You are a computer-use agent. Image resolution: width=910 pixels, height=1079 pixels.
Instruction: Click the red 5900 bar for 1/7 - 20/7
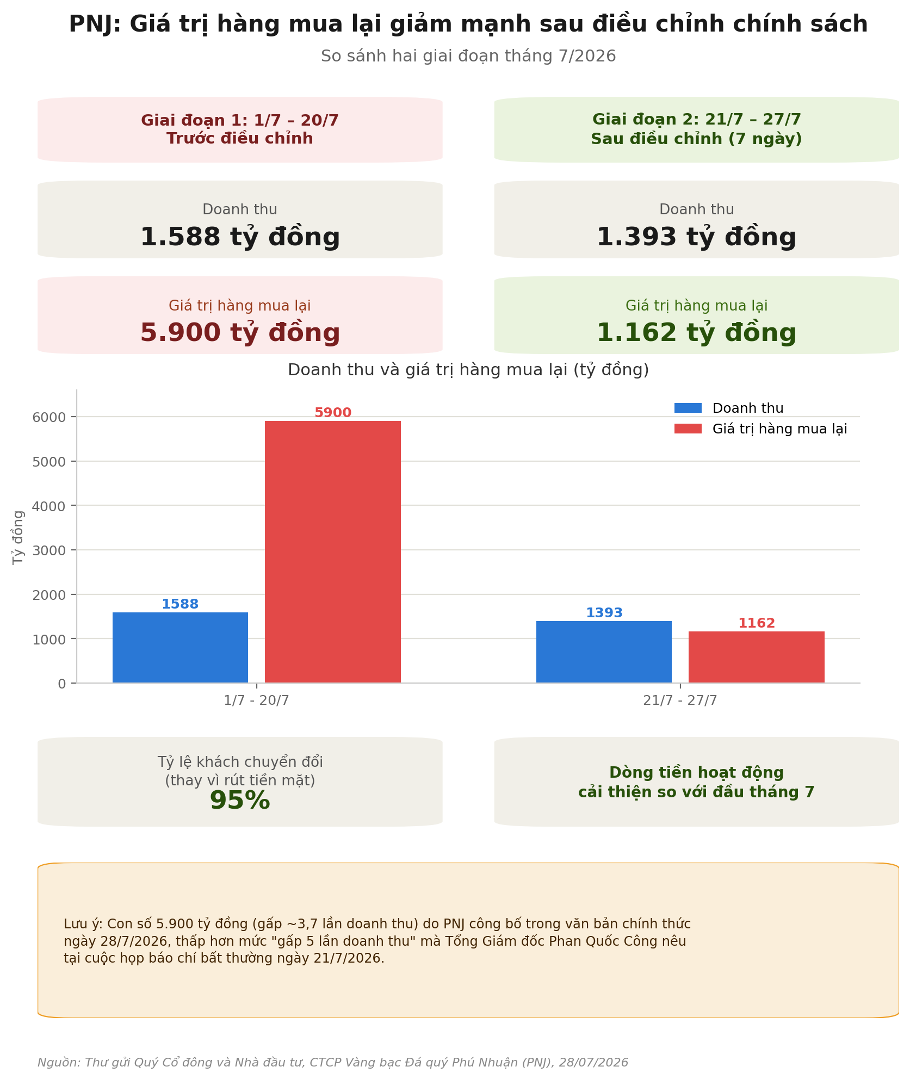[332, 551]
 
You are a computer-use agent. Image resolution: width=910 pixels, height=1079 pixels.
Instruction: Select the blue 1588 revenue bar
[180, 647]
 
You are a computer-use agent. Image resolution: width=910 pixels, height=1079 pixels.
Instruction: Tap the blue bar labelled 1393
[604, 652]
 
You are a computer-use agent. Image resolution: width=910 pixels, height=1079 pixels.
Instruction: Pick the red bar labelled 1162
[756, 657]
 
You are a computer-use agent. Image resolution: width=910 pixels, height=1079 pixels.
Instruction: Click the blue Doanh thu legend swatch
[688, 408]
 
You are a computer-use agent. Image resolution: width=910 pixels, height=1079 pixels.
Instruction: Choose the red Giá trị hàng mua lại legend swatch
[688, 429]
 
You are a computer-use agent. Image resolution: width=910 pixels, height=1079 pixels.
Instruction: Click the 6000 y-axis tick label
[49, 417]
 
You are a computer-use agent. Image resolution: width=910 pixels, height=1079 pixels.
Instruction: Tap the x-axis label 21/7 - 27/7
[680, 700]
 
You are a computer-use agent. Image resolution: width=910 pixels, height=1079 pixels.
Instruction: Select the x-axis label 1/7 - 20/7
[256, 700]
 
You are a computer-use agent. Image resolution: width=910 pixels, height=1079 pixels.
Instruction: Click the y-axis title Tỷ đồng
[18, 537]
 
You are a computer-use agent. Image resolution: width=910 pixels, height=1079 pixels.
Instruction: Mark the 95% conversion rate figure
[240, 801]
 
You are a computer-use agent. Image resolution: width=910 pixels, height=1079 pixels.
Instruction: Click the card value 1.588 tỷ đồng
[240, 237]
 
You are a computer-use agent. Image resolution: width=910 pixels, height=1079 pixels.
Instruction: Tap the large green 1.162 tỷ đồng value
[696, 333]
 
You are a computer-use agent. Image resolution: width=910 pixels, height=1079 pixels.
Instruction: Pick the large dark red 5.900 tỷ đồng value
[240, 333]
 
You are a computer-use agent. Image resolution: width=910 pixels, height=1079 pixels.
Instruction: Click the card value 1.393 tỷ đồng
[696, 237]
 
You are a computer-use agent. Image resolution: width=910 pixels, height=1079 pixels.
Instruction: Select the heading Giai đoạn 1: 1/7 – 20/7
[240, 120]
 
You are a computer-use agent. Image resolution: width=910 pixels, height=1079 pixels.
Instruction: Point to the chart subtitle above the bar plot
[468, 370]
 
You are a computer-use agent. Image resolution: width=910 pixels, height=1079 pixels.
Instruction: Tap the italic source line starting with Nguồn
[333, 1062]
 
